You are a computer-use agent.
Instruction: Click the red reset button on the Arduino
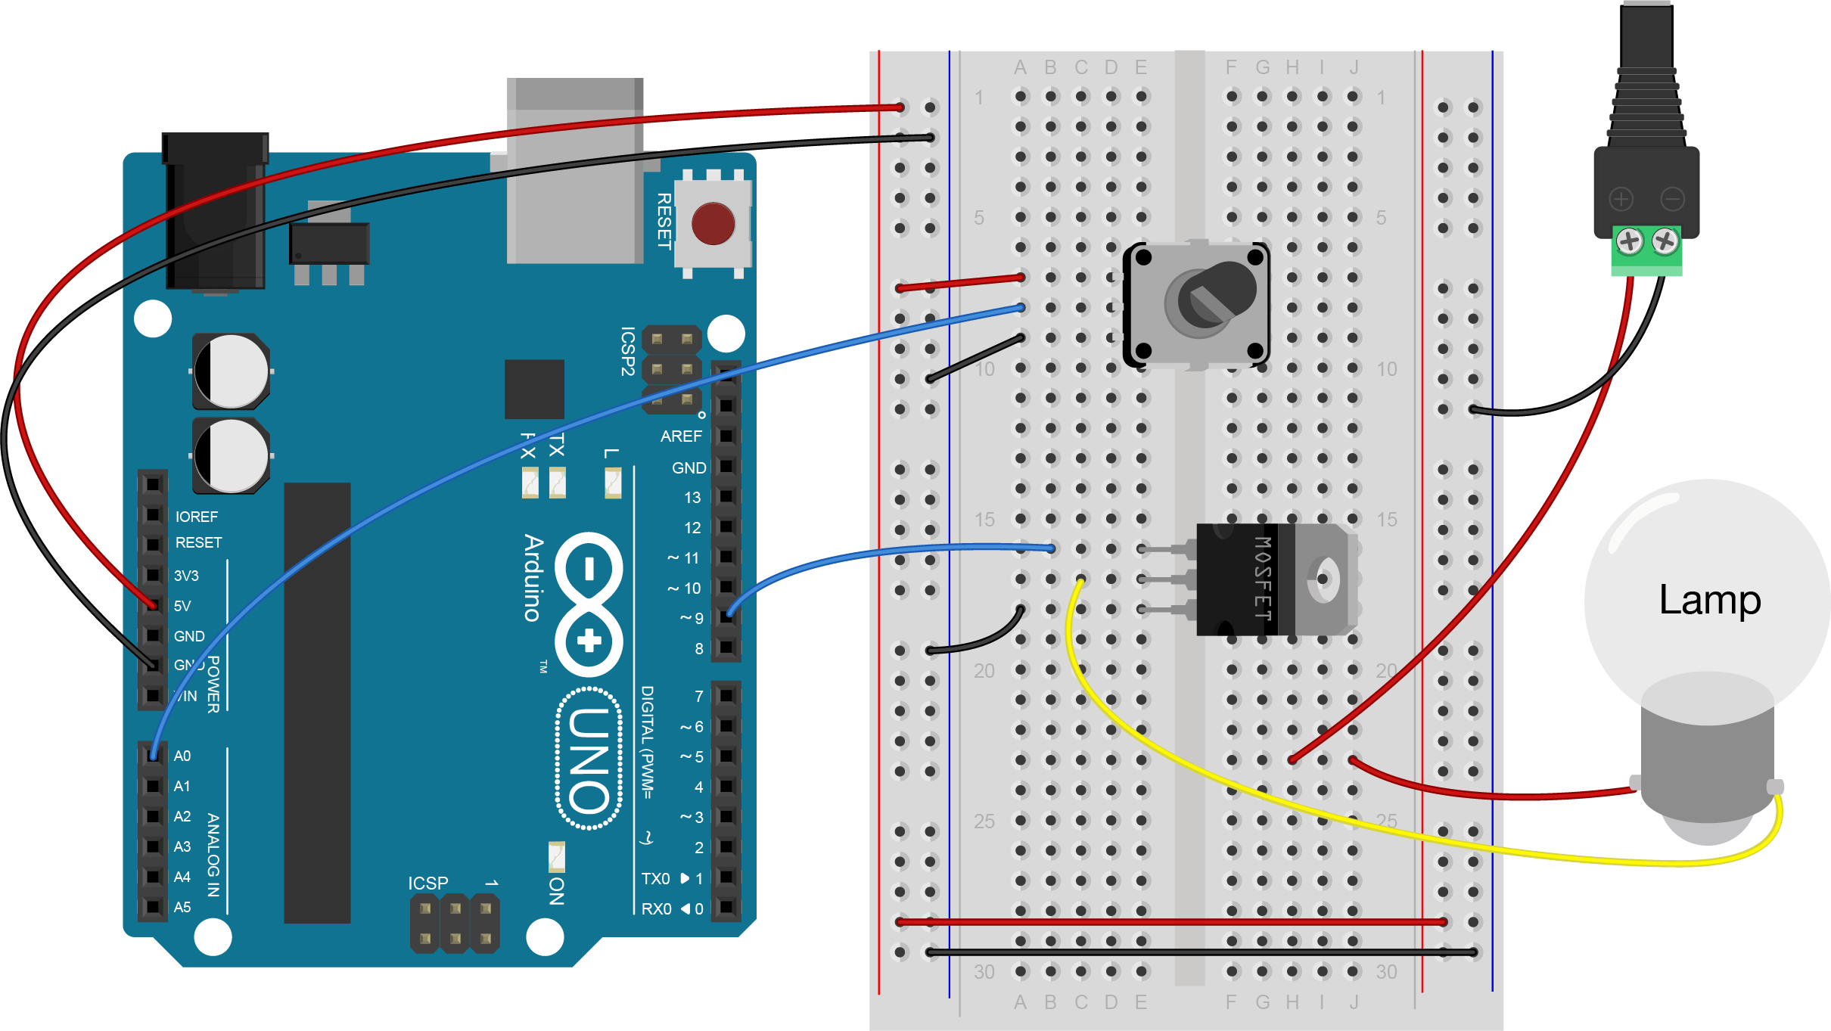point(712,224)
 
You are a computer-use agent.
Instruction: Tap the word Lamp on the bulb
point(1709,601)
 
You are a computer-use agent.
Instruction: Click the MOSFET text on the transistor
point(1261,579)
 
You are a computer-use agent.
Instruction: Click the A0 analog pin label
point(182,756)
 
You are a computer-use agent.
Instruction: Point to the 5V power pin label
point(182,606)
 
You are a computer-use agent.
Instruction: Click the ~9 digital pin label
point(692,619)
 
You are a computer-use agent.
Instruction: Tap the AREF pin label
point(681,436)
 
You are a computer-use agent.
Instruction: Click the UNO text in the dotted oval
point(589,759)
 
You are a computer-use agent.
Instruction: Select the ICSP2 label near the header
point(627,351)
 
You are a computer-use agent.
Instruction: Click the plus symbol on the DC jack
point(1621,200)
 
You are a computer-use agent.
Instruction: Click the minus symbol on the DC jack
point(1673,200)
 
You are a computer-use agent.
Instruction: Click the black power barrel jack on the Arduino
point(215,212)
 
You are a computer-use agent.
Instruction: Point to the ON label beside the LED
point(556,891)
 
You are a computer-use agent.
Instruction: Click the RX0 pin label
point(656,908)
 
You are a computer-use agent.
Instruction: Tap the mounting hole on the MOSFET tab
point(1323,579)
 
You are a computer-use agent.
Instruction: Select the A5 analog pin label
point(182,907)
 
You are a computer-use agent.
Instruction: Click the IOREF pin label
point(197,517)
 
